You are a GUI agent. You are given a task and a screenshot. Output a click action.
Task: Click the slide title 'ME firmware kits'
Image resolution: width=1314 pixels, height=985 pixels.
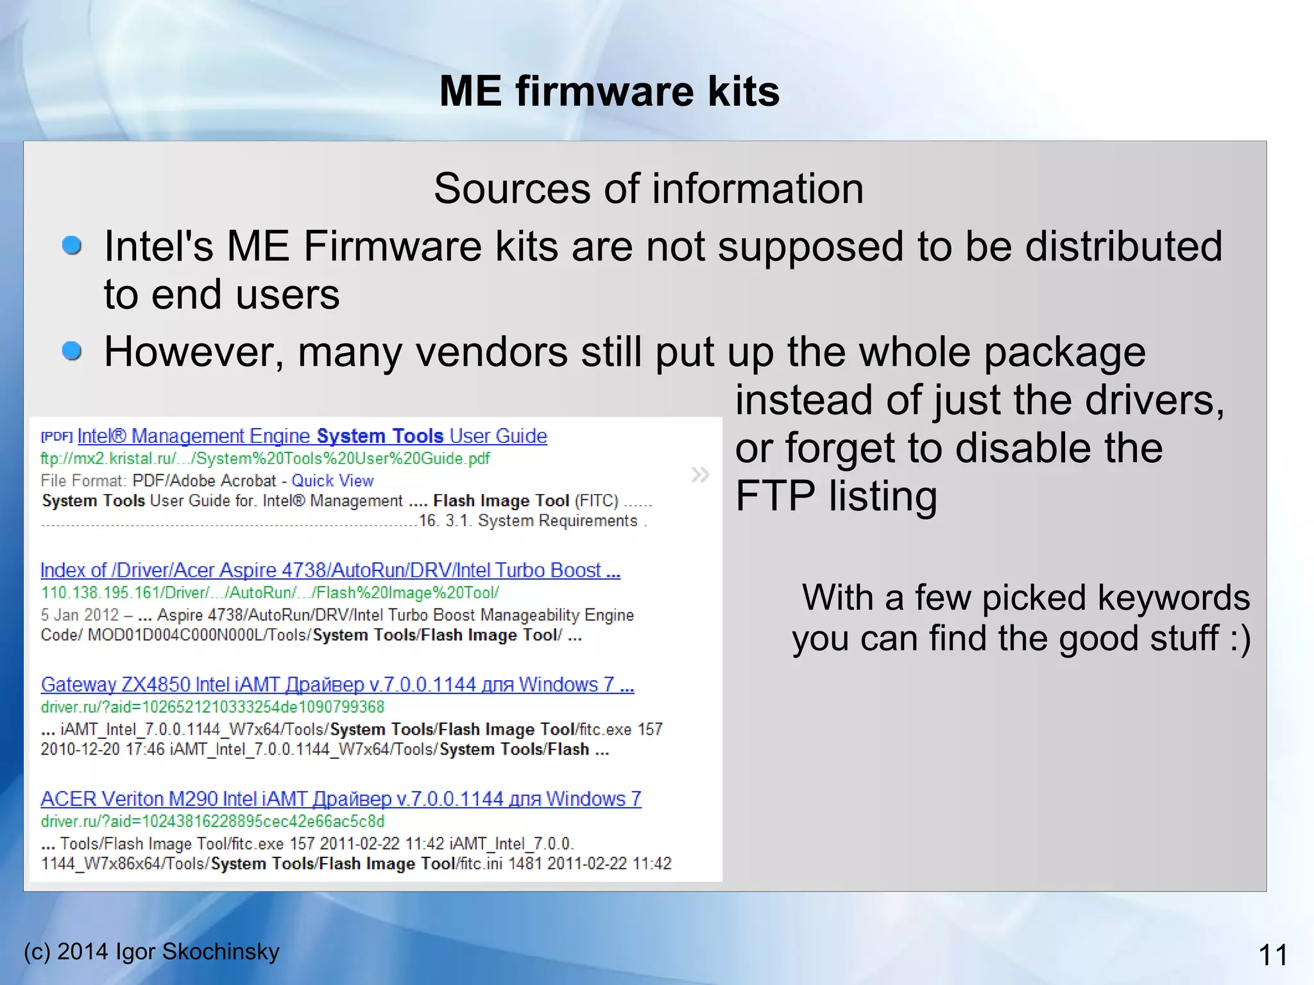tap(609, 91)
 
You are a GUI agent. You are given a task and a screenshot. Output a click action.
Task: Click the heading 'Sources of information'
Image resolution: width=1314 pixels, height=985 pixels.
tap(648, 189)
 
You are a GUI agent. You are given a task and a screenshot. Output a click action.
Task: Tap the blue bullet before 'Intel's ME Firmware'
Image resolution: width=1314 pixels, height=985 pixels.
tap(72, 246)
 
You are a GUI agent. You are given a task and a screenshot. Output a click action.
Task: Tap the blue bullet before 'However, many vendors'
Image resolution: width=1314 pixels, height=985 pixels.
tap(72, 351)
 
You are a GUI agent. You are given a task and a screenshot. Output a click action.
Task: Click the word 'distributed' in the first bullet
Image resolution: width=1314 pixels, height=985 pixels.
tap(1123, 246)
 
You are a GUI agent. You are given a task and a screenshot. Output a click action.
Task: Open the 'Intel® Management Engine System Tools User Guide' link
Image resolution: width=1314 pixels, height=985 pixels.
tap(312, 436)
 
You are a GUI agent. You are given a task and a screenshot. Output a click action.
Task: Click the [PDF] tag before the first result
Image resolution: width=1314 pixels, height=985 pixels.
tap(56, 437)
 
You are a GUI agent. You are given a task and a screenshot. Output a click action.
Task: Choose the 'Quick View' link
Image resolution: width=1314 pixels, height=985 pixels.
tap(332, 481)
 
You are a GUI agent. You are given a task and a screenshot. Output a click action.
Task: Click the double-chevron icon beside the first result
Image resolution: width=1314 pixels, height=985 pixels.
tap(700, 475)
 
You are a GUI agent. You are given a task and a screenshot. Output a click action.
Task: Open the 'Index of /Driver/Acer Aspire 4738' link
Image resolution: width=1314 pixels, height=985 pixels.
tap(330, 570)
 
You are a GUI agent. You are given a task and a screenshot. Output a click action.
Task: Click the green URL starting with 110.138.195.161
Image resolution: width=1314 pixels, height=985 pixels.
tap(269, 593)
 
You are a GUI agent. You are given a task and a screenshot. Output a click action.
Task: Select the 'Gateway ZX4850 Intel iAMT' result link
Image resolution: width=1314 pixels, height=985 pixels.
tap(337, 685)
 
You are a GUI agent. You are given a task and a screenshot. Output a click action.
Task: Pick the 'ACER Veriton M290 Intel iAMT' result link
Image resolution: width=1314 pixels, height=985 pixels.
tap(341, 799)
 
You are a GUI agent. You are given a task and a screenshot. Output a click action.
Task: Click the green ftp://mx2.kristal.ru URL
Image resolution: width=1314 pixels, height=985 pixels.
tap(265, 459)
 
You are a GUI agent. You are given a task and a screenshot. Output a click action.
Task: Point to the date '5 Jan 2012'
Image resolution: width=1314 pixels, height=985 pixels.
tap(80, 615)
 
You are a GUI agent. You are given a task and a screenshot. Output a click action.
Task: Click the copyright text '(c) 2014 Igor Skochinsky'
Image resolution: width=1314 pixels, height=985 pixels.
tap(151, 952)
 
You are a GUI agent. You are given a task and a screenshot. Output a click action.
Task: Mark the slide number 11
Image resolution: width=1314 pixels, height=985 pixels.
tap(1273, 955)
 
